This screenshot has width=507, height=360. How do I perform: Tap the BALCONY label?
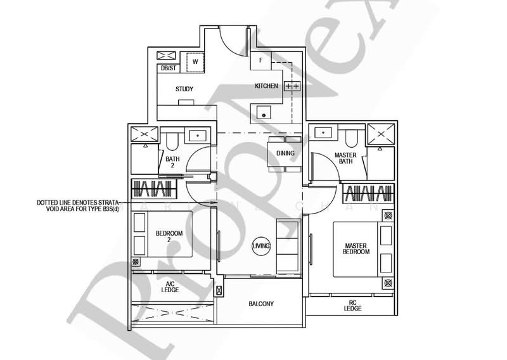(x=260, y=304)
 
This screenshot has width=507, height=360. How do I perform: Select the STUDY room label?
(x=184, y=89)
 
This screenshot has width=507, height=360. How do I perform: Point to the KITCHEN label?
(x=267, y=86)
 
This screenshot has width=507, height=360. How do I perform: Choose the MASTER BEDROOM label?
(x=357, y=248)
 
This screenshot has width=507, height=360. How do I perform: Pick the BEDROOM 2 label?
(x=169, y=236)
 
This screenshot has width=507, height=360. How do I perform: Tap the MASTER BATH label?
(x=345, y=158)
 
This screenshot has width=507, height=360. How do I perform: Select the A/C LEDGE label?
(x=170, y=286)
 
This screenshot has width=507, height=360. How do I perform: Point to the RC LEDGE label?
(x=352, y=305)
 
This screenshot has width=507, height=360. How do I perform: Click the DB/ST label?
(x=169, y=68)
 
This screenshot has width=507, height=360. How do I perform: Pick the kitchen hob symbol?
(x=292, y=86)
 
